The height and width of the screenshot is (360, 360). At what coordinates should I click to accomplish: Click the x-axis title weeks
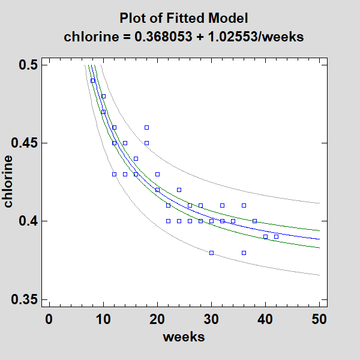coord(184,337)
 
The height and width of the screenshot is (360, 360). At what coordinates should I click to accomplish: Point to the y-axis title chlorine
coord(8,181)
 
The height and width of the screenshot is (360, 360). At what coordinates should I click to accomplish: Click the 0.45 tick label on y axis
coord(25,143)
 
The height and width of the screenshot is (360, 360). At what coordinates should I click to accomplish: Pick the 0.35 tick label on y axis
coord(25,299)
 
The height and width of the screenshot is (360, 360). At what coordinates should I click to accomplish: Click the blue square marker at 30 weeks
coord(211,253)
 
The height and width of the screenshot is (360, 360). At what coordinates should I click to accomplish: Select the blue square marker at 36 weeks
coord(244,253)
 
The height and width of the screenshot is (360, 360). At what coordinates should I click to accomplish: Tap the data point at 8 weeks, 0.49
coord(92,80)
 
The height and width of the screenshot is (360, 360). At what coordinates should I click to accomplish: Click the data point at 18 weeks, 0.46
coord(146,127)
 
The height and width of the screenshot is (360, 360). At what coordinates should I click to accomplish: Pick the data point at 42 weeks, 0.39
coord(276,236)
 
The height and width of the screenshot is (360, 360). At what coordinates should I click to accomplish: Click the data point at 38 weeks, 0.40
coord(254,221)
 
